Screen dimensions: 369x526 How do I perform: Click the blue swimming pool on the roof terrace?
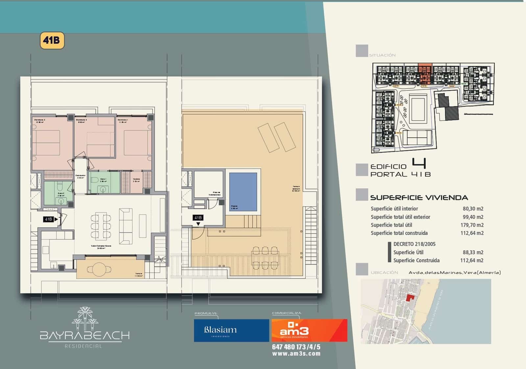(243, 192)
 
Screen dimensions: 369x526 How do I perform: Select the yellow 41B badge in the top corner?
(52, 40)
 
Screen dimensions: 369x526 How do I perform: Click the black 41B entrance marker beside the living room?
(48, 219)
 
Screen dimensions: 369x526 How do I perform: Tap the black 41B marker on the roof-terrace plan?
(198, 218)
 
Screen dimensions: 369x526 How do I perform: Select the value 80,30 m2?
(473, 209)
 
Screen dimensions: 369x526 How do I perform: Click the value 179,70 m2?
(472, 225)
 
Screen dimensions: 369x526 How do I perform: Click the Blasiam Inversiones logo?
(231, 330)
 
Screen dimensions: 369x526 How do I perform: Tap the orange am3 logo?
(309, 330)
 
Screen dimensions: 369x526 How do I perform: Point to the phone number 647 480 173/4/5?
(296, 347)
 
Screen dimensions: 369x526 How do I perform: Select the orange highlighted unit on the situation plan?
(424, 74)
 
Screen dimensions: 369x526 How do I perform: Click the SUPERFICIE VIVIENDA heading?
(419, 197)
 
